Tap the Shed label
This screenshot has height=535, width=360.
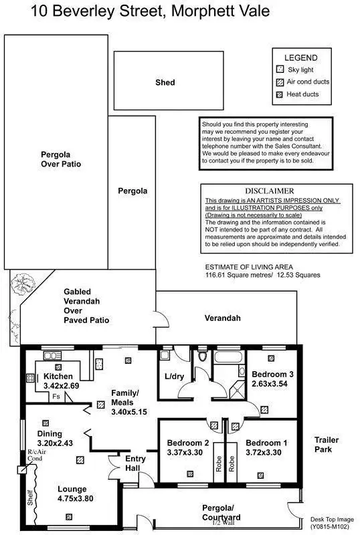click(x=165, y=82)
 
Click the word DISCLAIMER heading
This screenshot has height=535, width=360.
click(x=269, y=191)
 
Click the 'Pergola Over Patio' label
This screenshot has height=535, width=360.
click(x=60, y=158)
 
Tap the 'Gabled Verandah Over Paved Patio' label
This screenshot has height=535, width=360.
click(x=86, y=306)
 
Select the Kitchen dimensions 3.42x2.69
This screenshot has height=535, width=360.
click(x=62, y=387)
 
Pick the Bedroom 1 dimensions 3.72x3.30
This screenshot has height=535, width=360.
click(x=267, y=452)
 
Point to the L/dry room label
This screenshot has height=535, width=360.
click(x=175, y=377)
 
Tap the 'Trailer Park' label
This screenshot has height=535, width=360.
click(x=327, y=445)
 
